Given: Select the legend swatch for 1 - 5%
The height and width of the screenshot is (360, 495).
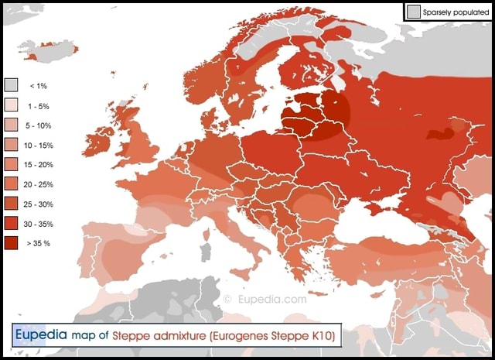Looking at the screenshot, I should tap(12, 105).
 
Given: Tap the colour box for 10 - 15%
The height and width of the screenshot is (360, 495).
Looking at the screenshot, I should tap(12, 144).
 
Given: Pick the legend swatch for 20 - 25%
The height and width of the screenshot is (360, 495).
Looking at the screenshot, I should tap(12, 183).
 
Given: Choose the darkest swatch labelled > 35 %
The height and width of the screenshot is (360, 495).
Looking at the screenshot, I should tap(12, 243).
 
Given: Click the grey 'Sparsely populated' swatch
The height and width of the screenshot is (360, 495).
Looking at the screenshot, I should tap(414, 12).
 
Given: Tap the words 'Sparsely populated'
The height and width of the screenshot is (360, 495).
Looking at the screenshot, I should tap(456, 12).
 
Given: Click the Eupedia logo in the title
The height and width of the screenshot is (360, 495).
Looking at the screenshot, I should tap(40, 334).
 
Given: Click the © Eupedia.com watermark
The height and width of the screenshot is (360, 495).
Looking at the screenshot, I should tap(264, 299).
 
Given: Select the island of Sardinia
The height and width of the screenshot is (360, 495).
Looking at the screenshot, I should tap(205, 251).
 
